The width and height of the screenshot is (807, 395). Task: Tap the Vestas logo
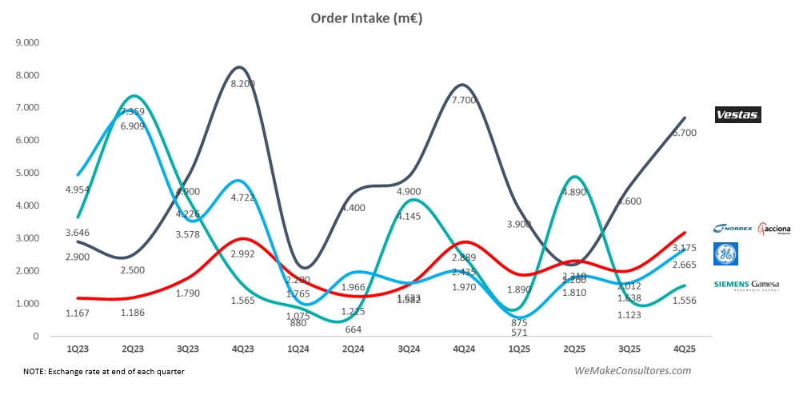click(x=737, y=115)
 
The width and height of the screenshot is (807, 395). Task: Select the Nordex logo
click(x=732, y=228)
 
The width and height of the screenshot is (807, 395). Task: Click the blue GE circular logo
click(x=725, y=254)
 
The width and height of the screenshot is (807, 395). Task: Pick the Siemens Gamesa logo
click(x=745, y=285)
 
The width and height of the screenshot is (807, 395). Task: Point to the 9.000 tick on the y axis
click(x=27, y=42)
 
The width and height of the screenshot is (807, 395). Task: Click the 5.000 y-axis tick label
click(x=27, y=173)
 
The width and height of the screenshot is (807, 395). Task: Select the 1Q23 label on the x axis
click(x=78, y=349)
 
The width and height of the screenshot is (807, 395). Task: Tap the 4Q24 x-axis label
click(x=464, y=349)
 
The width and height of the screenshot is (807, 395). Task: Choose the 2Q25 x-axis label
click(x=574, y=349)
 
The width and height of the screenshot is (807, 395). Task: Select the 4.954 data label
click(x=77, y=190)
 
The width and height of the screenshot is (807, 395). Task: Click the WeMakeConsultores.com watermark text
click(x=633, y=371)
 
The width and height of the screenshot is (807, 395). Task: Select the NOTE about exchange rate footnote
click(x=110, y=371)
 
